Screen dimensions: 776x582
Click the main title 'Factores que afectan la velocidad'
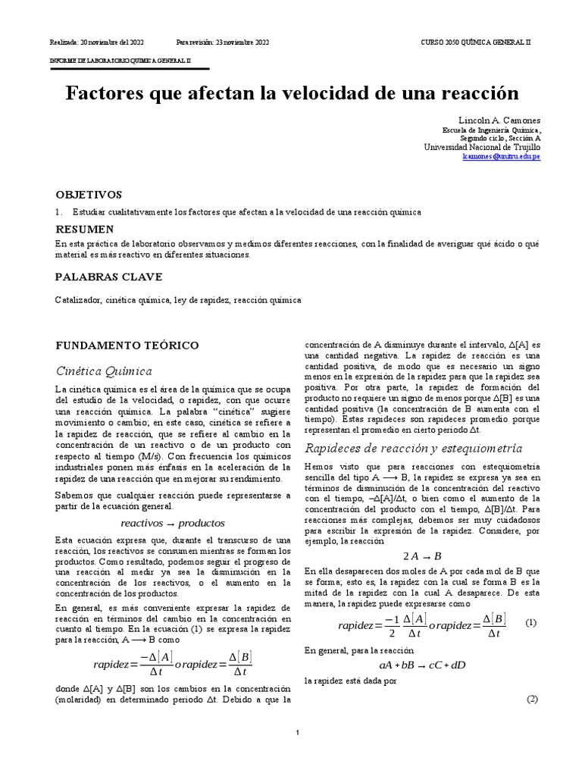pos(292,93)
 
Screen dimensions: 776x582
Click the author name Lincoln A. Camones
pos(499,120)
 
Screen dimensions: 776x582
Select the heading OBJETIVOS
pos(89,194)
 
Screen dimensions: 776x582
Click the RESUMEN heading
pos(85,229)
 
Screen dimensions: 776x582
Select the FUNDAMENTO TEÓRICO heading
pos(127,345)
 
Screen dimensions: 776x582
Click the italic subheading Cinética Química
pos(104,371)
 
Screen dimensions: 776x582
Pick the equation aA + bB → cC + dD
pos(422,665)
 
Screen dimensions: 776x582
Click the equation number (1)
pos(530,622)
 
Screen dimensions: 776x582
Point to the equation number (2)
pos(532,699)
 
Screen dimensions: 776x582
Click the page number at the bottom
pos(299,733)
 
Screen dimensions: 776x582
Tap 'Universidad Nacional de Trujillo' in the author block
pos(481,147)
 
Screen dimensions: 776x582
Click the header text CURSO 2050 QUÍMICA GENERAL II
pos(476,42)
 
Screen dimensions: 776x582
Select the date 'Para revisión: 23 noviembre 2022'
pos(222,42)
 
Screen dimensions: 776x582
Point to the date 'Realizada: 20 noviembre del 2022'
pos(96,42)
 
